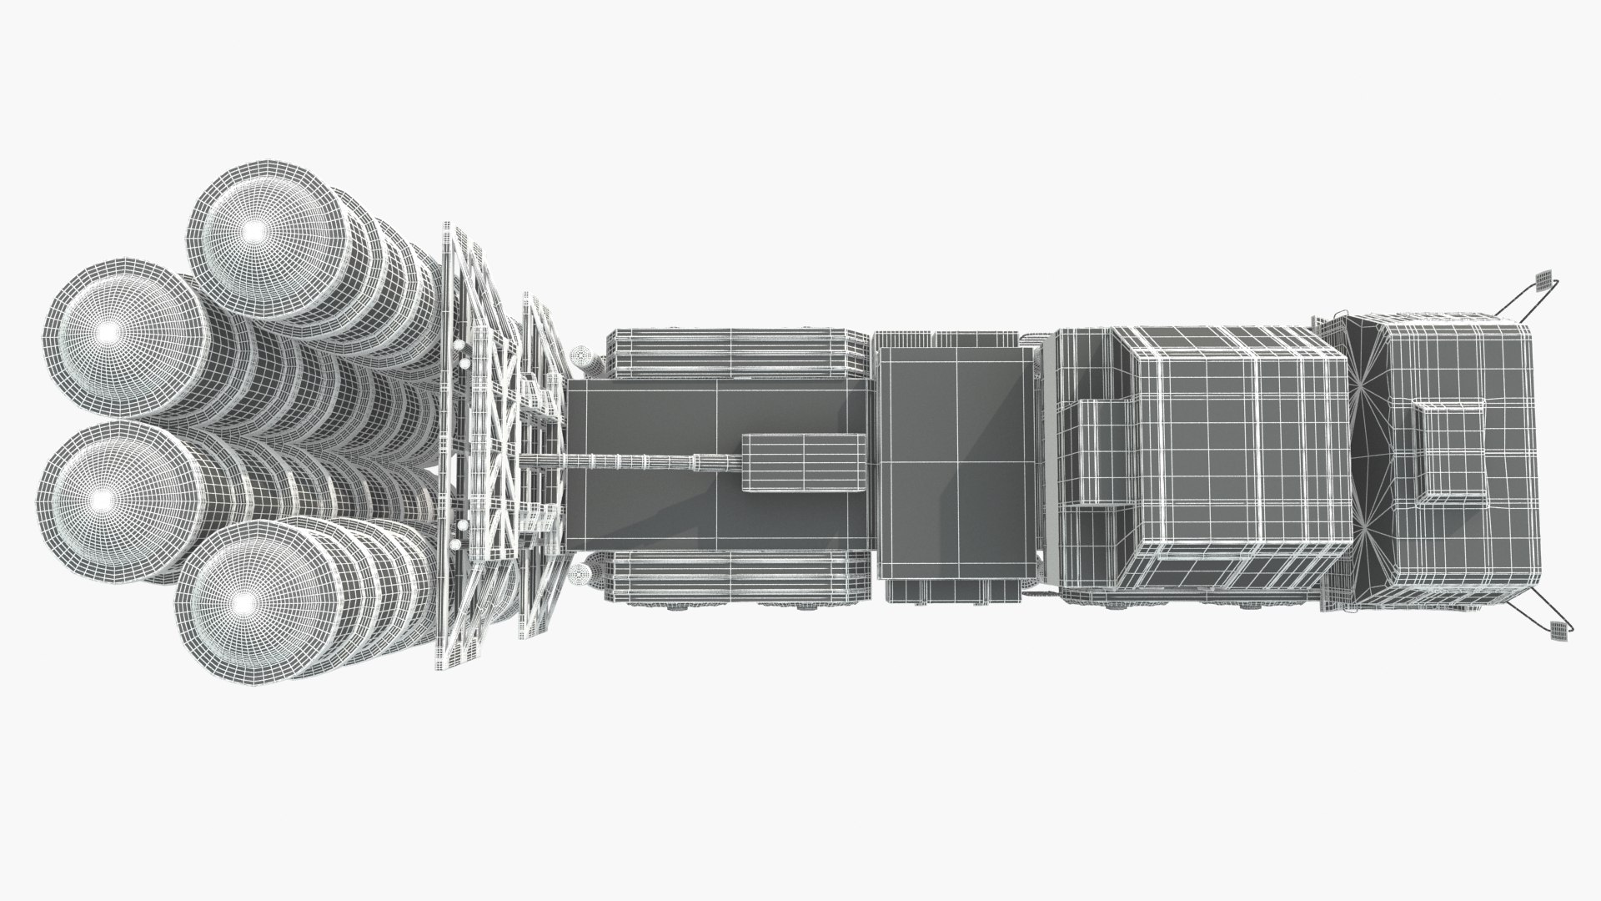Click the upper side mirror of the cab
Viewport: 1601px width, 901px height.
tap(1543, 302)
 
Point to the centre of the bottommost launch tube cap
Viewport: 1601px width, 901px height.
tap(243, 601)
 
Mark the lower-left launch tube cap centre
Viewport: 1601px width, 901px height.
tap(102, 499)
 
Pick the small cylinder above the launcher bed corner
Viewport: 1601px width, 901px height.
tap(584, 360)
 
